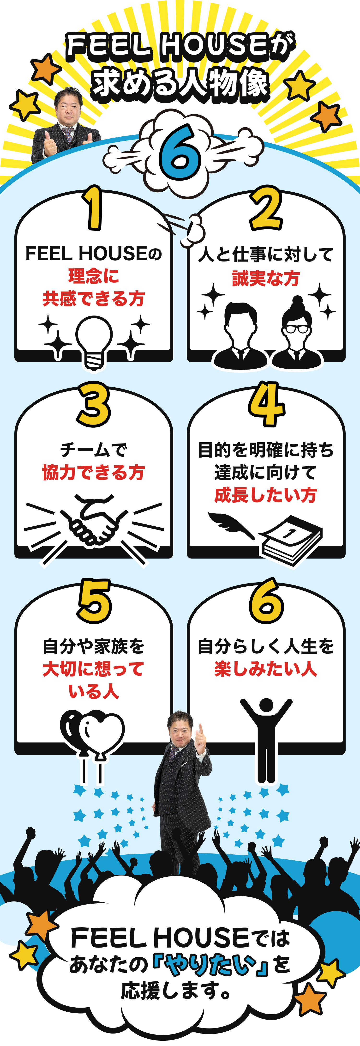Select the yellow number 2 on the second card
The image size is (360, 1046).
pyautogui.click(x=266, y=208)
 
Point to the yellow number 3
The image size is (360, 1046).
pyautogui.click(x=94, y=404)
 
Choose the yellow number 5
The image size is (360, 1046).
pyautogui.click(x=94, y=601)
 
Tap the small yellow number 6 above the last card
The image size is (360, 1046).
pyautogui.click(x=266, y=601)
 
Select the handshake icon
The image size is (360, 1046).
pyautogui.click(x=94, y=520)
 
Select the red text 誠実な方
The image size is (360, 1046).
pyautogui.click(x=266, y=279)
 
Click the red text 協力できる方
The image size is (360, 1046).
pyautogui.click(x=94, y=473)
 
